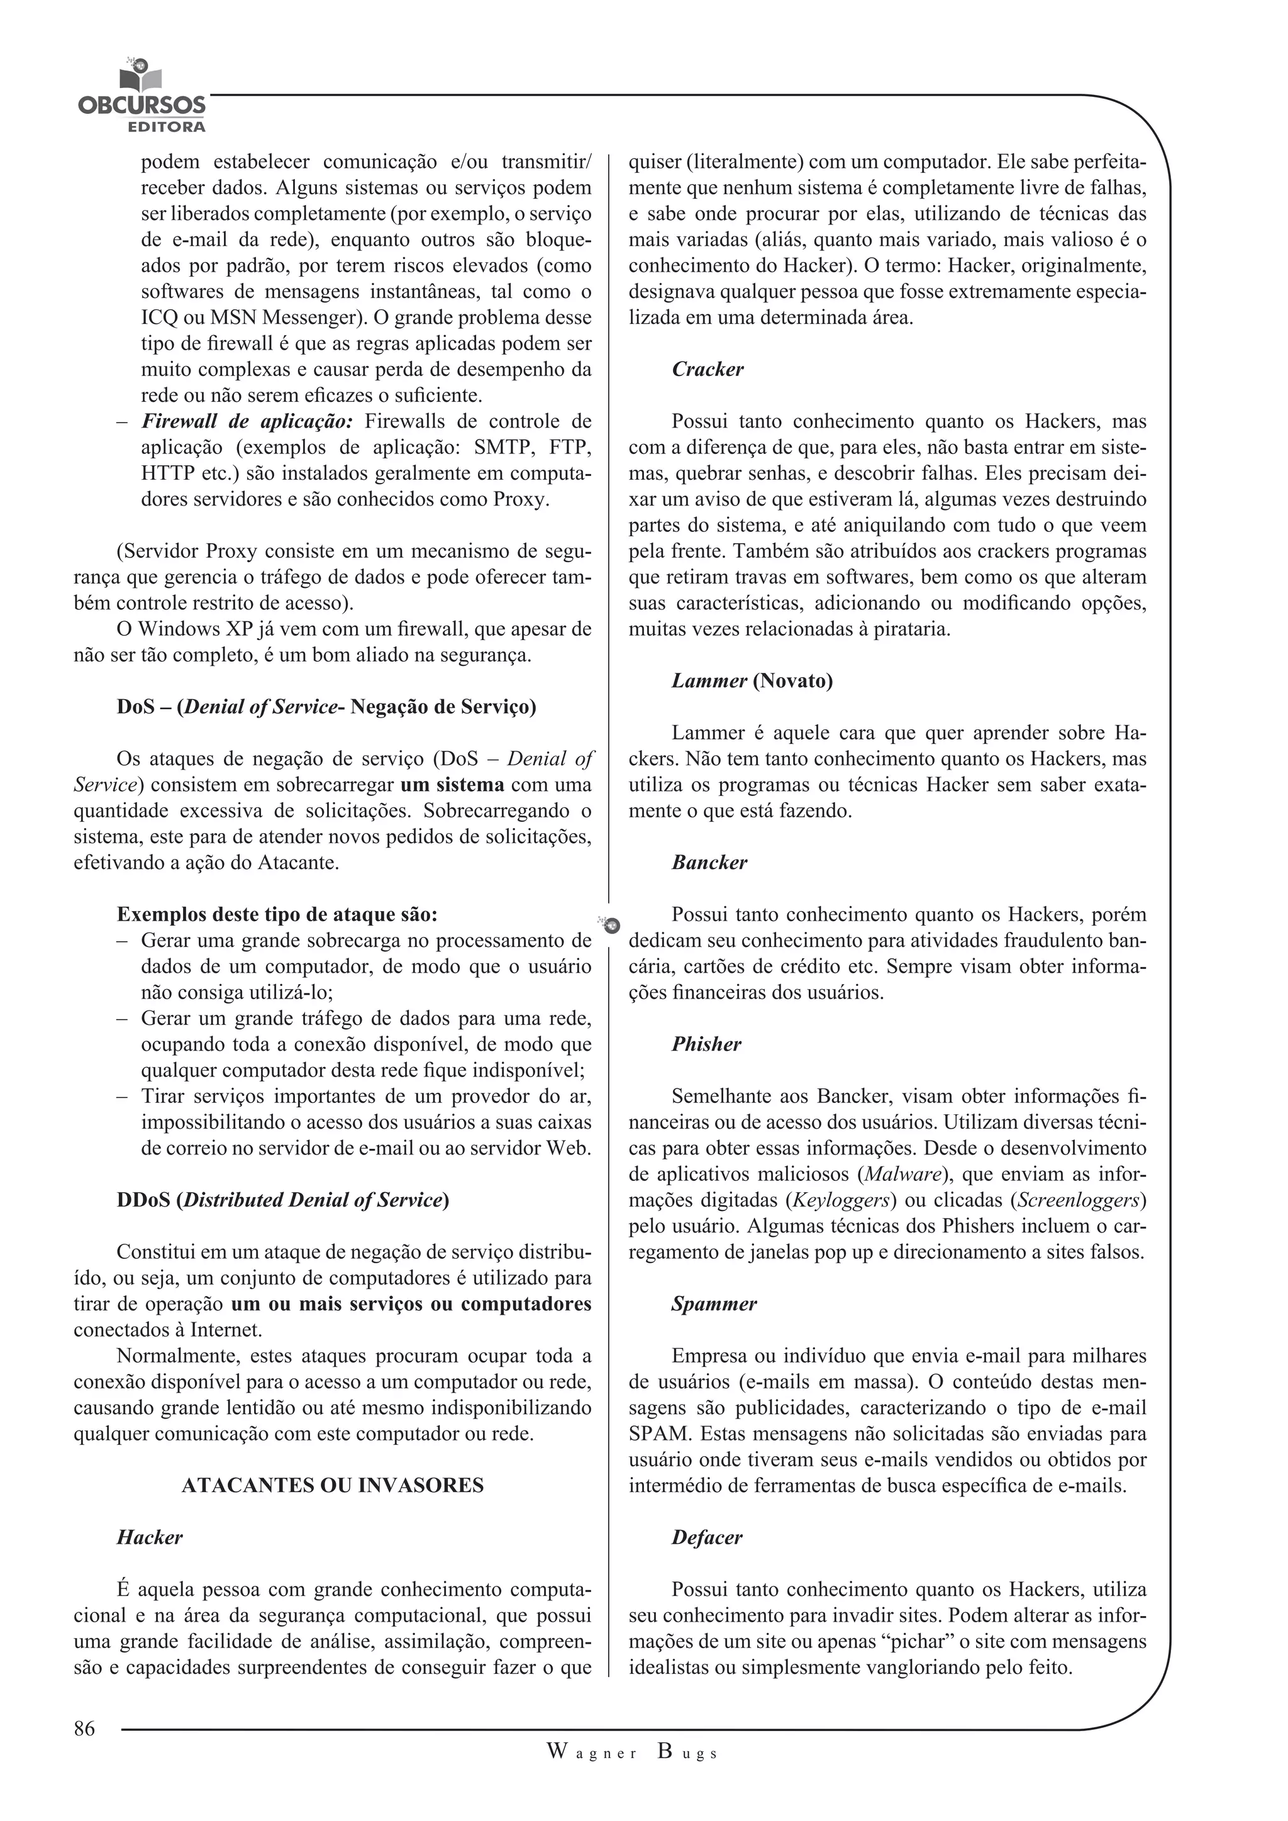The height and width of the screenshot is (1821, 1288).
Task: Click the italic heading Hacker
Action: click(149, 1537)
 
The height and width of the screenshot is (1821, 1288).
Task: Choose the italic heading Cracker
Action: click(708, 370)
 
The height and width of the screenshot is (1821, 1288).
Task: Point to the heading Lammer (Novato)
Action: click(752, 680)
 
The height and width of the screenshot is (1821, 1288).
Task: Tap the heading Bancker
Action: click(709, 862)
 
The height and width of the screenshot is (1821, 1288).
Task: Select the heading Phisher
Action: click(706, 1044)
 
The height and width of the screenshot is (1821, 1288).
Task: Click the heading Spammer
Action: click(714, 1304)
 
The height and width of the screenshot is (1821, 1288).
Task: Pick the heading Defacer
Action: click(707, 1537)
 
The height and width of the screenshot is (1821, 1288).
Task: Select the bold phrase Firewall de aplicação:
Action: click(247, 421)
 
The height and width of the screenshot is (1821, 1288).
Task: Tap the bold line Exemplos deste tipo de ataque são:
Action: click(277, 914)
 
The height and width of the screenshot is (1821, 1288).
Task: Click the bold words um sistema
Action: click(452, 785)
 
